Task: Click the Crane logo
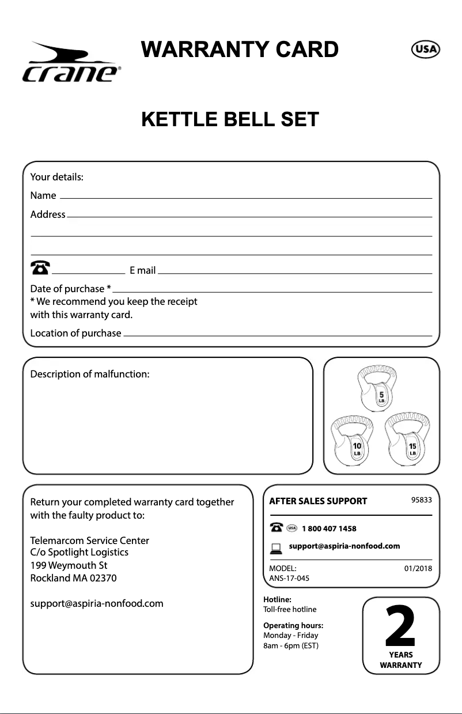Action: pyautogui.click(x=70, y=64)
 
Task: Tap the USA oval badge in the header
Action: pyautogui.click(x=425, y=50)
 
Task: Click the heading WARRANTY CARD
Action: pyautogui.click(x=240, y=50)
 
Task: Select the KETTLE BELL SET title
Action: pyautogui.click(x=230, y=119)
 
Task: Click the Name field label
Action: pyautogui.click(x=43, y=196)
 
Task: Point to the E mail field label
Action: pyautogui.click(x=142, y=270)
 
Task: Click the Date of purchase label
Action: pyautogui.click(x=70, y=288)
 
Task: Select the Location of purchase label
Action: pyautogui.click(x=75, y=333)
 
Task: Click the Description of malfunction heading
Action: pyautogui.click(x=89, y=374)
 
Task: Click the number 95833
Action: pyautogui.click(x=421, y=500)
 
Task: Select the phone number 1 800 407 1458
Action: pyautogui.click(x=329, y=528)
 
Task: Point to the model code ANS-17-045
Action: pyautogui.click(x=290, y=578)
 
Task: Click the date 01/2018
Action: pyautogui.click(x=418, y=569)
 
